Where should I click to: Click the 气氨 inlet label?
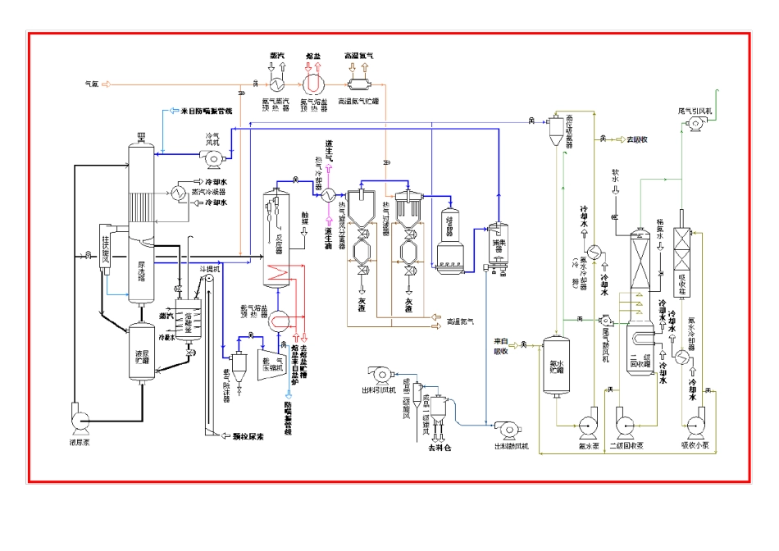tap(92, 84)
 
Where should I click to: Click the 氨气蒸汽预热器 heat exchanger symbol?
tap(277, 84)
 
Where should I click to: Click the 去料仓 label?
tap(439, 449)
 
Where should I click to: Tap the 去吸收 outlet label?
tap(635, 139)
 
